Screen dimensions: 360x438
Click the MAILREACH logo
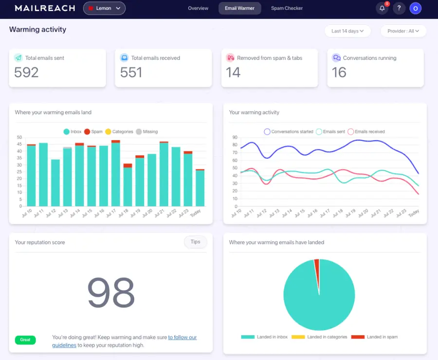(x=45, y=8)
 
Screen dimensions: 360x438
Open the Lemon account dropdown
(x=104, y=8)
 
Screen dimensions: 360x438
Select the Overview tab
(x=198, y=8)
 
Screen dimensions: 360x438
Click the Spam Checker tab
(x=287, y=8)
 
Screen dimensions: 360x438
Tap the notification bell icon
(x=382, y=8)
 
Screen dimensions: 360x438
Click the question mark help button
(x=399, y=8)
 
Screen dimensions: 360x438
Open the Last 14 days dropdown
(x=347, y=31)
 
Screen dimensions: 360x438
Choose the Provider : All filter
(x=403, y=31)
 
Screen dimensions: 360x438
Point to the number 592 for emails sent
(x=26, y=72)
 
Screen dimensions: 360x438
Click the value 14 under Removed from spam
(x=233, y=72)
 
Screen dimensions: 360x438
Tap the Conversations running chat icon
(x=336, y=58)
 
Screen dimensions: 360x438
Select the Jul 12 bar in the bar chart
(x=55, y=182)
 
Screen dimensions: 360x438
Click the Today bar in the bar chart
(x=200, y=187)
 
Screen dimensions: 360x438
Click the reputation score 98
(x=110, y=292)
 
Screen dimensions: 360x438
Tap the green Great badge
(x=25, y=340)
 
